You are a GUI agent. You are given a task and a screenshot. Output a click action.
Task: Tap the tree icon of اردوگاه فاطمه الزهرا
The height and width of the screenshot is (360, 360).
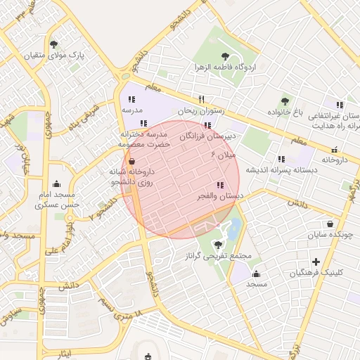coord(225,56)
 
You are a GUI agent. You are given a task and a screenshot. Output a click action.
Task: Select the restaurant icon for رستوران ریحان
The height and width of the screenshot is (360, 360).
coord(202,99)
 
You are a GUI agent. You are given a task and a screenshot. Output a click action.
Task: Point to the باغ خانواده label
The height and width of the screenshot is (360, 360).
coord(284,112)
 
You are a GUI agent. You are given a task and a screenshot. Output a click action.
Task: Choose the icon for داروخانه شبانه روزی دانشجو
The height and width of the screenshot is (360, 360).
coord(133,162)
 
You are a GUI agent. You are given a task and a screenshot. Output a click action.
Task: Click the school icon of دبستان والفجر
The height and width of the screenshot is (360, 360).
coord(221,186)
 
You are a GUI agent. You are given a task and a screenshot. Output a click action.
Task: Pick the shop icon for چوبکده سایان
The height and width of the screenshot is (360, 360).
coord(330,224)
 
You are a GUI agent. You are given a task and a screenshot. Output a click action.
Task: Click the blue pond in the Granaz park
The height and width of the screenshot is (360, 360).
coord(234,226)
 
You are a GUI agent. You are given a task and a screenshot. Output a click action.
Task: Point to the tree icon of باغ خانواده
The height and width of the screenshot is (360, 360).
coord(285,101)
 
